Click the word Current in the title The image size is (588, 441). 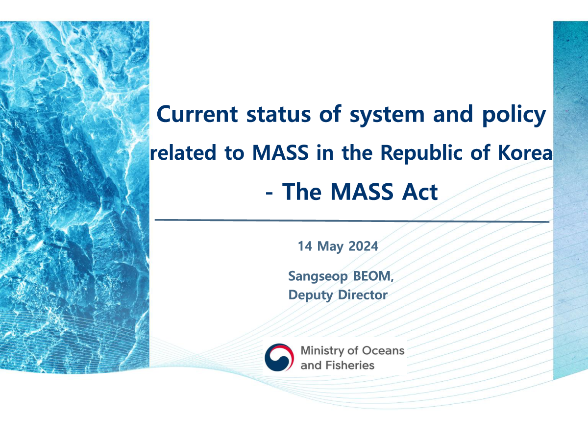197,114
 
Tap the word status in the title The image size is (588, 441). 278,114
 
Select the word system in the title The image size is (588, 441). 387,116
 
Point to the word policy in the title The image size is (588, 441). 514,116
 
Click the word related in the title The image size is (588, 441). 183,152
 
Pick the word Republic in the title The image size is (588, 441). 421,154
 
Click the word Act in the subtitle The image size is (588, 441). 420,192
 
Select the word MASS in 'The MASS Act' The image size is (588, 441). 362,192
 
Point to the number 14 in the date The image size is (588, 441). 305,246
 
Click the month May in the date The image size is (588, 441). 330,247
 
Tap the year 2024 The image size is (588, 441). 363,246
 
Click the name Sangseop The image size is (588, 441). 318,277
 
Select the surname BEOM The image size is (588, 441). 371,276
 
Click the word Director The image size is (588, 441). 363,295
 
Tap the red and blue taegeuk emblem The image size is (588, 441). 279,358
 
